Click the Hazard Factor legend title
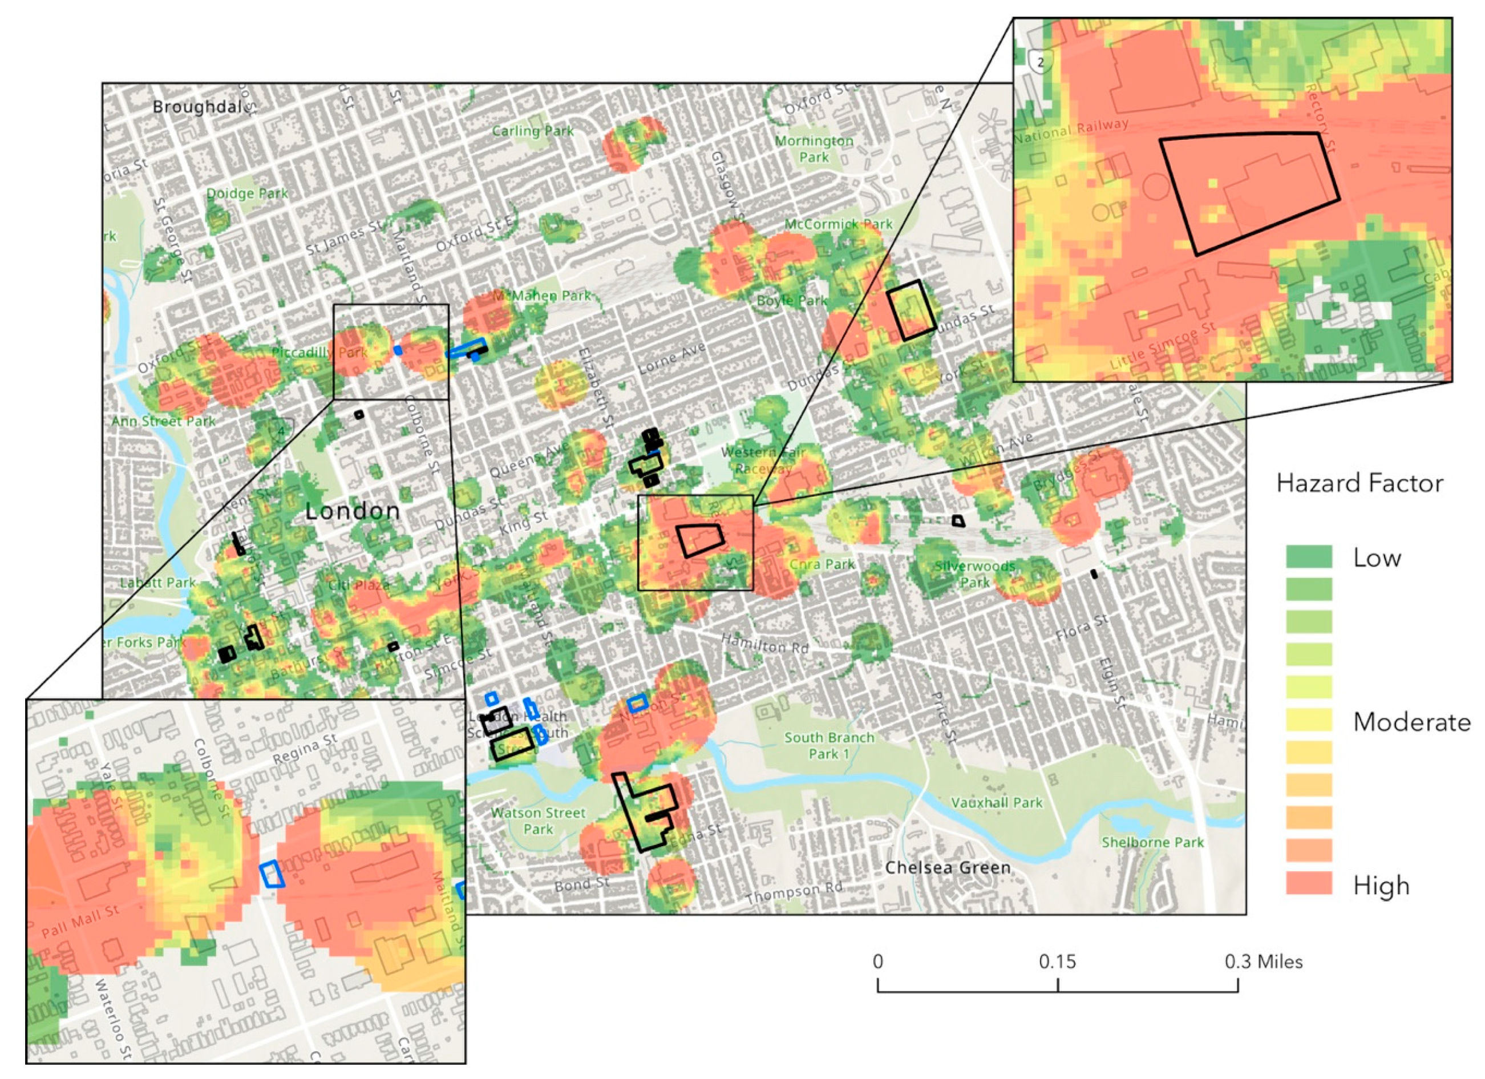tap(1359, 484)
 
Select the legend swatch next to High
tap(1309, 883)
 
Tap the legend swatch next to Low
tap(1309, 556)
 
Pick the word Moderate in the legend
tap(1411, 722)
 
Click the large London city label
tap(352, 511)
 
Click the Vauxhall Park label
tap(997, 802)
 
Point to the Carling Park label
tap(532, 131)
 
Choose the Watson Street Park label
tap(538, 821)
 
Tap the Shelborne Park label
tap(1152, 842)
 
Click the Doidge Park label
tap(247, 193)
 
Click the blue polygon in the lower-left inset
tap(272, 874)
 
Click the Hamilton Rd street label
tap(765, 643)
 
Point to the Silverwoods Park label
tap(975, 573)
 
